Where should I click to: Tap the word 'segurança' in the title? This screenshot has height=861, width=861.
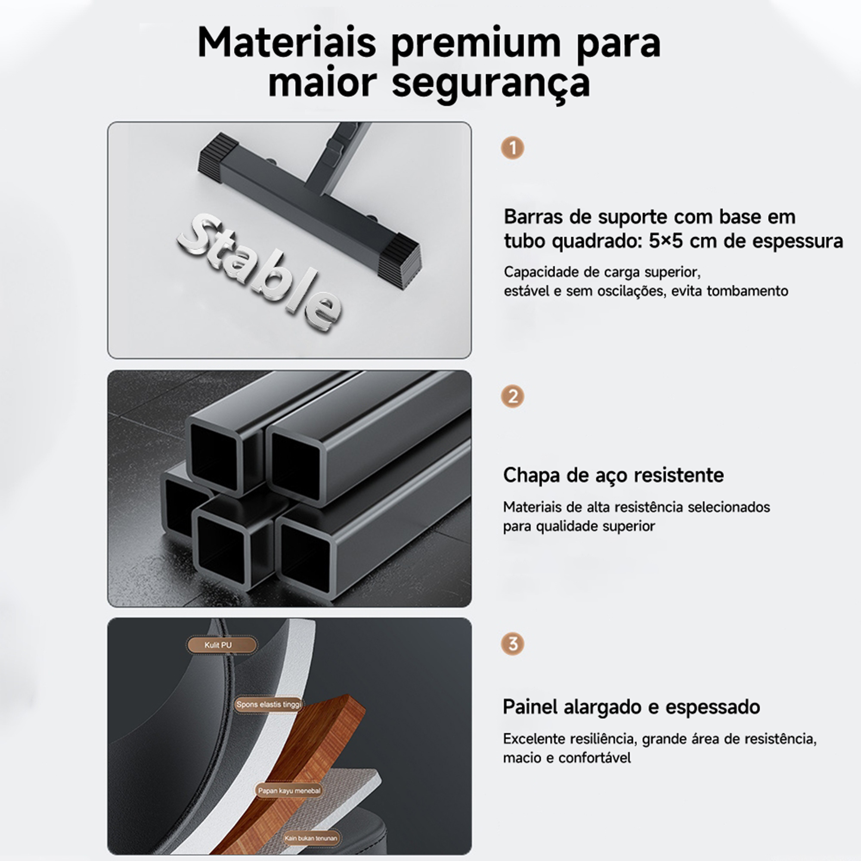[491, 84]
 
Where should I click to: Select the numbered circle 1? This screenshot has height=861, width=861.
[512, 148]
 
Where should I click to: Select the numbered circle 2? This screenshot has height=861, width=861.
[512, 396]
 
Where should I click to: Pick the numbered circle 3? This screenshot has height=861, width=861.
[512, 644]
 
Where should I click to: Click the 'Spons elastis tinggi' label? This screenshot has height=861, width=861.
[268, 705]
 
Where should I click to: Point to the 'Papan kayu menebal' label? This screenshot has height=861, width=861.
[289, 790]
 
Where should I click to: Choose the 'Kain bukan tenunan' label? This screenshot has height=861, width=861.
[311, 838]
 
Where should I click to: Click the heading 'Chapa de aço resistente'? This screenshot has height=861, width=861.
[613, 475]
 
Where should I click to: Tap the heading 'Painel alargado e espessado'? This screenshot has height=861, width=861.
[631, 707]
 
